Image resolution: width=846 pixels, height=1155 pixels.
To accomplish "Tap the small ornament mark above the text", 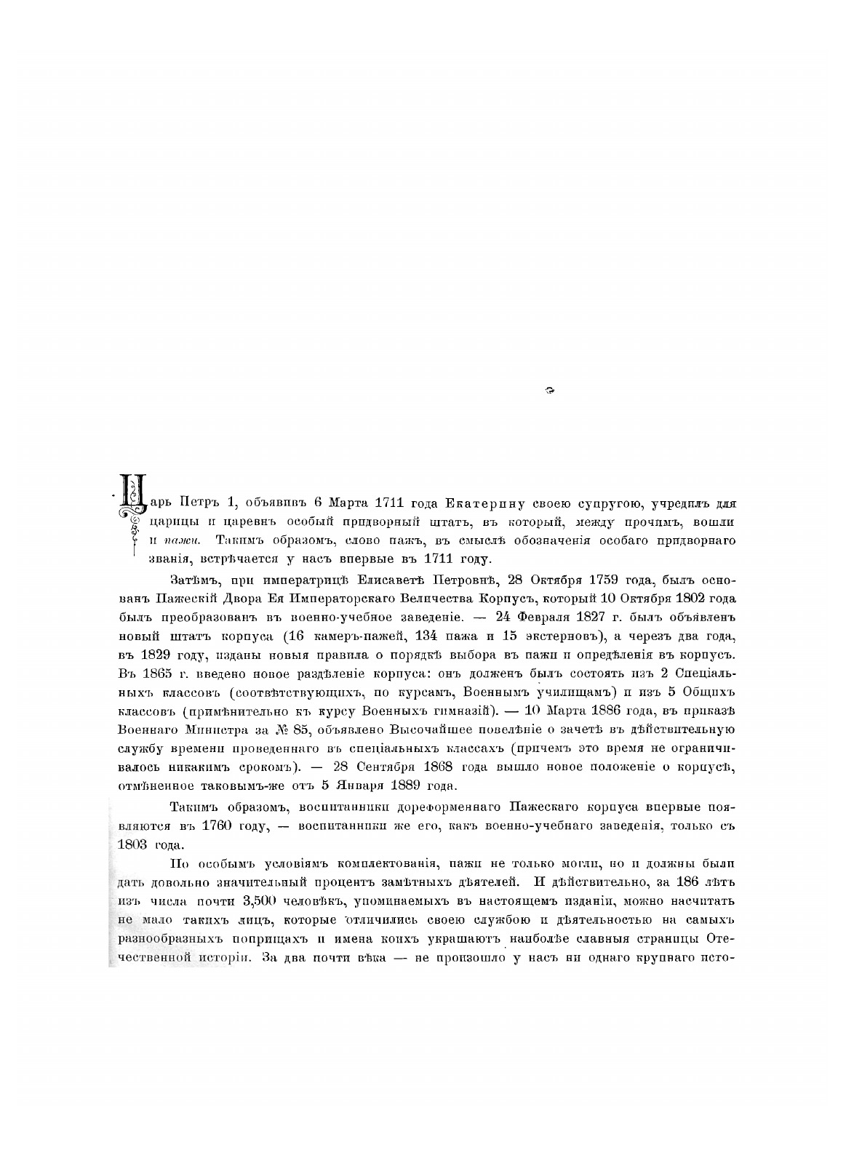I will [x=549, y=391].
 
